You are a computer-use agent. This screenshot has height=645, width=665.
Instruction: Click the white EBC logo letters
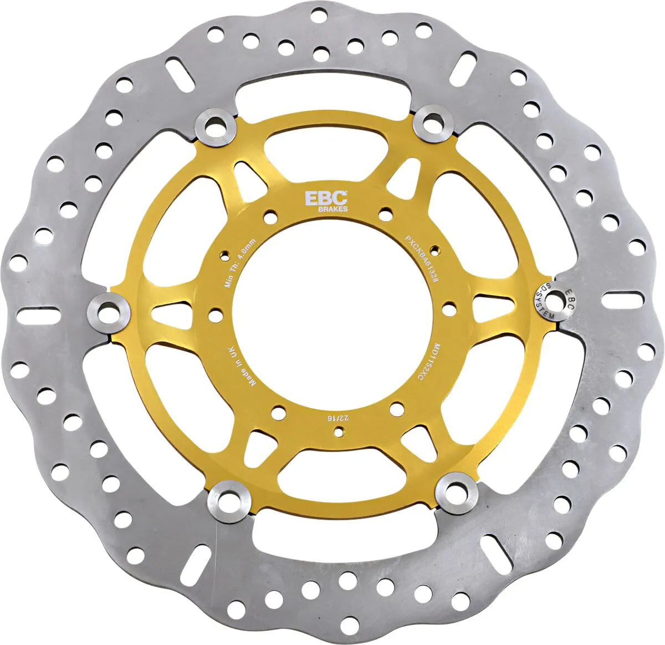click(x=326, y=198)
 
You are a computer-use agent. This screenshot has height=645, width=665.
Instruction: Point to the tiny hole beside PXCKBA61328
click(x=436, y=249)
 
